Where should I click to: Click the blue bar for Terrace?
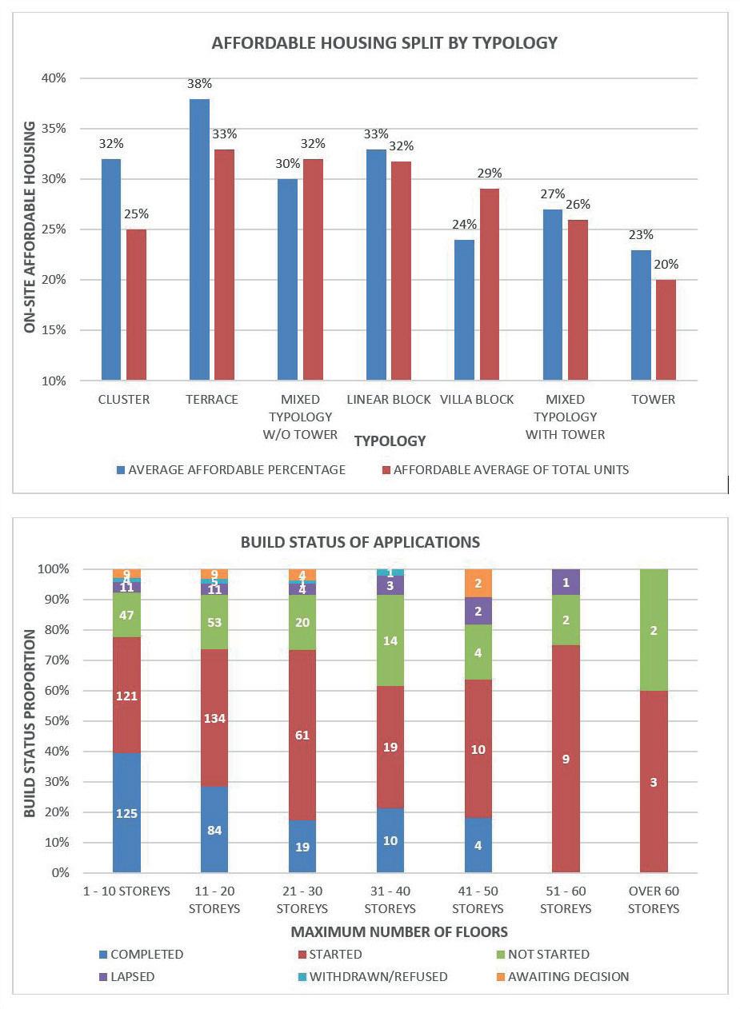click(199, 240)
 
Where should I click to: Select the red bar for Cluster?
click(136, 305)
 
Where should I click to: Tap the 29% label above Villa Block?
click(489, 173)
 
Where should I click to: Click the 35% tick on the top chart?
click(54, 129)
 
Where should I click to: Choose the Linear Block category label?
click(389, 399)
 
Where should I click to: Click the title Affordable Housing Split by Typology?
click(384, 43)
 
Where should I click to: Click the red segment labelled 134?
click(214, 718)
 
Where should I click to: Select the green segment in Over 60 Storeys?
click(654, 630)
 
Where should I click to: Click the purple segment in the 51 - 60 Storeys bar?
click(566, 584)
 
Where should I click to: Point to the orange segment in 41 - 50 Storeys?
click(478, 583)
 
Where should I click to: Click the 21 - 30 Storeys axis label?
click(302, 899)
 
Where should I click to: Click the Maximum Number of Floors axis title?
click(399, 931)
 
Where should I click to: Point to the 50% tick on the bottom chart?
click(54, 721)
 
